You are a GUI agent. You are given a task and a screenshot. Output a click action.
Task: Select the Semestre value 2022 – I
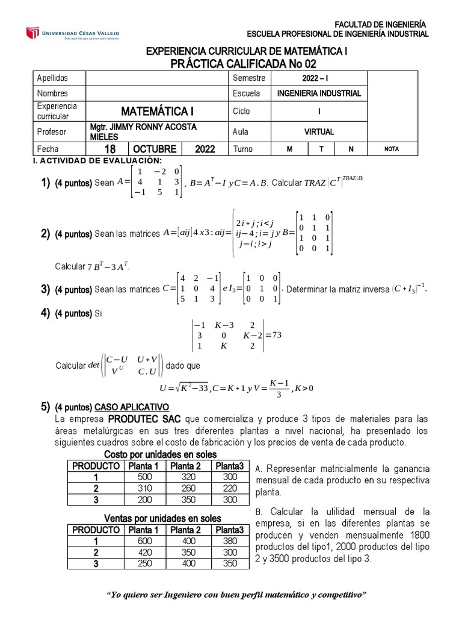pyautogui.click(x=319, y=78)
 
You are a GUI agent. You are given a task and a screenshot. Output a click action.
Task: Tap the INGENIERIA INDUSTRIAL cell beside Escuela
pyautogui.click(x=319, y=93)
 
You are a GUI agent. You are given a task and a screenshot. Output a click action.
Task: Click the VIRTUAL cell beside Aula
pyautogui.click(x=319, y=131)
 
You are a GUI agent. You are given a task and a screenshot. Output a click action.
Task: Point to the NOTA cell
pyautogui.click(x=391, y=149)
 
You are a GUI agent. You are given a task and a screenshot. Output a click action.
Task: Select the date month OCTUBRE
pyautogui.click(x=155, y=149)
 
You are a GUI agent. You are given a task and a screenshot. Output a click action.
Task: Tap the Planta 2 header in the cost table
pyautogui.click(x=185, y=466)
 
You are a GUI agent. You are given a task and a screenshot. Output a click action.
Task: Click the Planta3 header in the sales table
pyautogui.click(x=230, y=530)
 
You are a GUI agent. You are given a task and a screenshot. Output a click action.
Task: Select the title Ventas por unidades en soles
pyautogui.click(x=162, y=519)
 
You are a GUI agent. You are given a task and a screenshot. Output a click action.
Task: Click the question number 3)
pyautogui.click(x=45, y=290)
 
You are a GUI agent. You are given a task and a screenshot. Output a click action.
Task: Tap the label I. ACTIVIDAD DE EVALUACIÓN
pyautogui.click(x=96, y=160)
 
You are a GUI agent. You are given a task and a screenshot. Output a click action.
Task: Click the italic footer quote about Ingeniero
pyautogui.click(x=236, y=595)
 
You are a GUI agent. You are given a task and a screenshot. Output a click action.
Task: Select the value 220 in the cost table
pyautogui.click(x=230, y=487)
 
